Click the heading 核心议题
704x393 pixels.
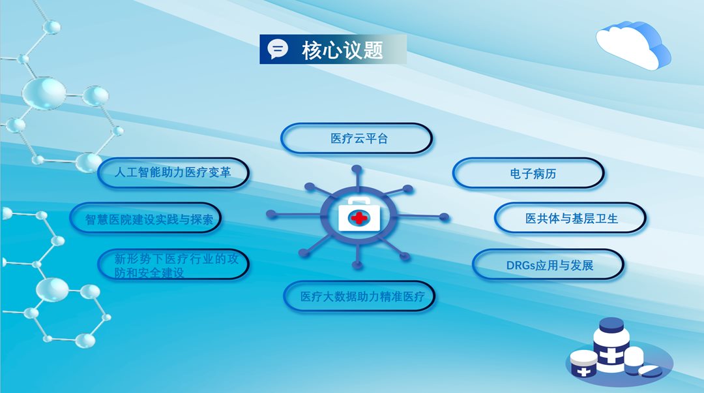342,50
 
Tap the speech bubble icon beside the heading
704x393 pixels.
278,49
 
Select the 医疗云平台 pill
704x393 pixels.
357,138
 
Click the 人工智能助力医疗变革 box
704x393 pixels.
173,172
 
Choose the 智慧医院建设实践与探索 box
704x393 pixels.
145,219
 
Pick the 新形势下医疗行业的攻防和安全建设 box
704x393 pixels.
173,264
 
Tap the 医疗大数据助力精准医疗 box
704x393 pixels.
360,296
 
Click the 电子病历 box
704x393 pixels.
529,173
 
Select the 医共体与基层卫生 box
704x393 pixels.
570,218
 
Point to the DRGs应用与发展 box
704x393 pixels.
548,265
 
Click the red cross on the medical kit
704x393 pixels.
359,218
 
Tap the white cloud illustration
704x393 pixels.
634,44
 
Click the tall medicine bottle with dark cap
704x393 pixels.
609,345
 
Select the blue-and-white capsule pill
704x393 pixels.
650,371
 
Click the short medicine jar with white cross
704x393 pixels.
583,364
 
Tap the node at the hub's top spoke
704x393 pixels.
357,170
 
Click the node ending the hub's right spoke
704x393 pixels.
444,217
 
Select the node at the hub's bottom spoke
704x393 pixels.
357,265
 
